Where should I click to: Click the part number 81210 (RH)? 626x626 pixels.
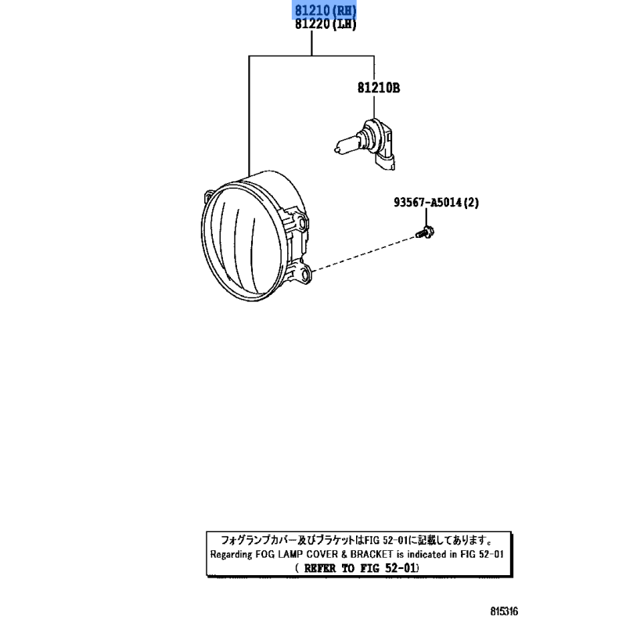click(x=325, y=10)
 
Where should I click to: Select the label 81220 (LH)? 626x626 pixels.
click(x=325, y=24)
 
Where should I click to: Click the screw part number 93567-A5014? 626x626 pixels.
click(x=427, y=203)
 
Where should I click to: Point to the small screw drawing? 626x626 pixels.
click(x=425, y=231)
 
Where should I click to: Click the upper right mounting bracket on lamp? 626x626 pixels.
click(x=297, y=219)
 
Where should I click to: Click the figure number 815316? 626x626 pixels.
click(x=505, y=611)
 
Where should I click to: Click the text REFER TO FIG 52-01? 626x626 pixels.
click(x=360, y=567)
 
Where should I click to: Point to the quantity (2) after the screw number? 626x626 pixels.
click(x=470, y=203)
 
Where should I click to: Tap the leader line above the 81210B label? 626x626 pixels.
click(x=373, y=69)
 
